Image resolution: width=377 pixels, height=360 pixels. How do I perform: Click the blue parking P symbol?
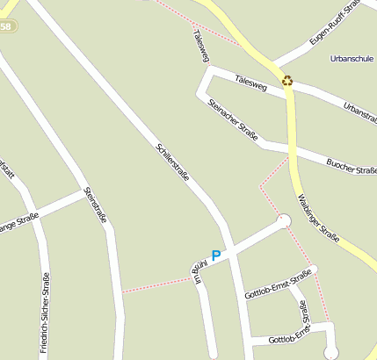216,255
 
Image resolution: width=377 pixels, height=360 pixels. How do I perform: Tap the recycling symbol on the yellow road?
287,81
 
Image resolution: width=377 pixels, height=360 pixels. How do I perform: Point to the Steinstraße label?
94,205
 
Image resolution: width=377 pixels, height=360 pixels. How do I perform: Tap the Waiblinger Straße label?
319,219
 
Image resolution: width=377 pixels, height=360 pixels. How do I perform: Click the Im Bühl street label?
199,274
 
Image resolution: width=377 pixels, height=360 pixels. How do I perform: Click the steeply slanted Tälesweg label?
200,46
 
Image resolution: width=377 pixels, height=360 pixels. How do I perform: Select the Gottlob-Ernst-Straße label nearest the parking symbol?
279,285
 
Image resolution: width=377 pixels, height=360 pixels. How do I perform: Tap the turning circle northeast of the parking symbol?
284,220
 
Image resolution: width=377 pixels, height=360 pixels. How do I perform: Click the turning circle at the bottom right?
330,353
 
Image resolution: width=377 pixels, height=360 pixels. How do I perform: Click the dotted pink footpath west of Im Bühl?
154,284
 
